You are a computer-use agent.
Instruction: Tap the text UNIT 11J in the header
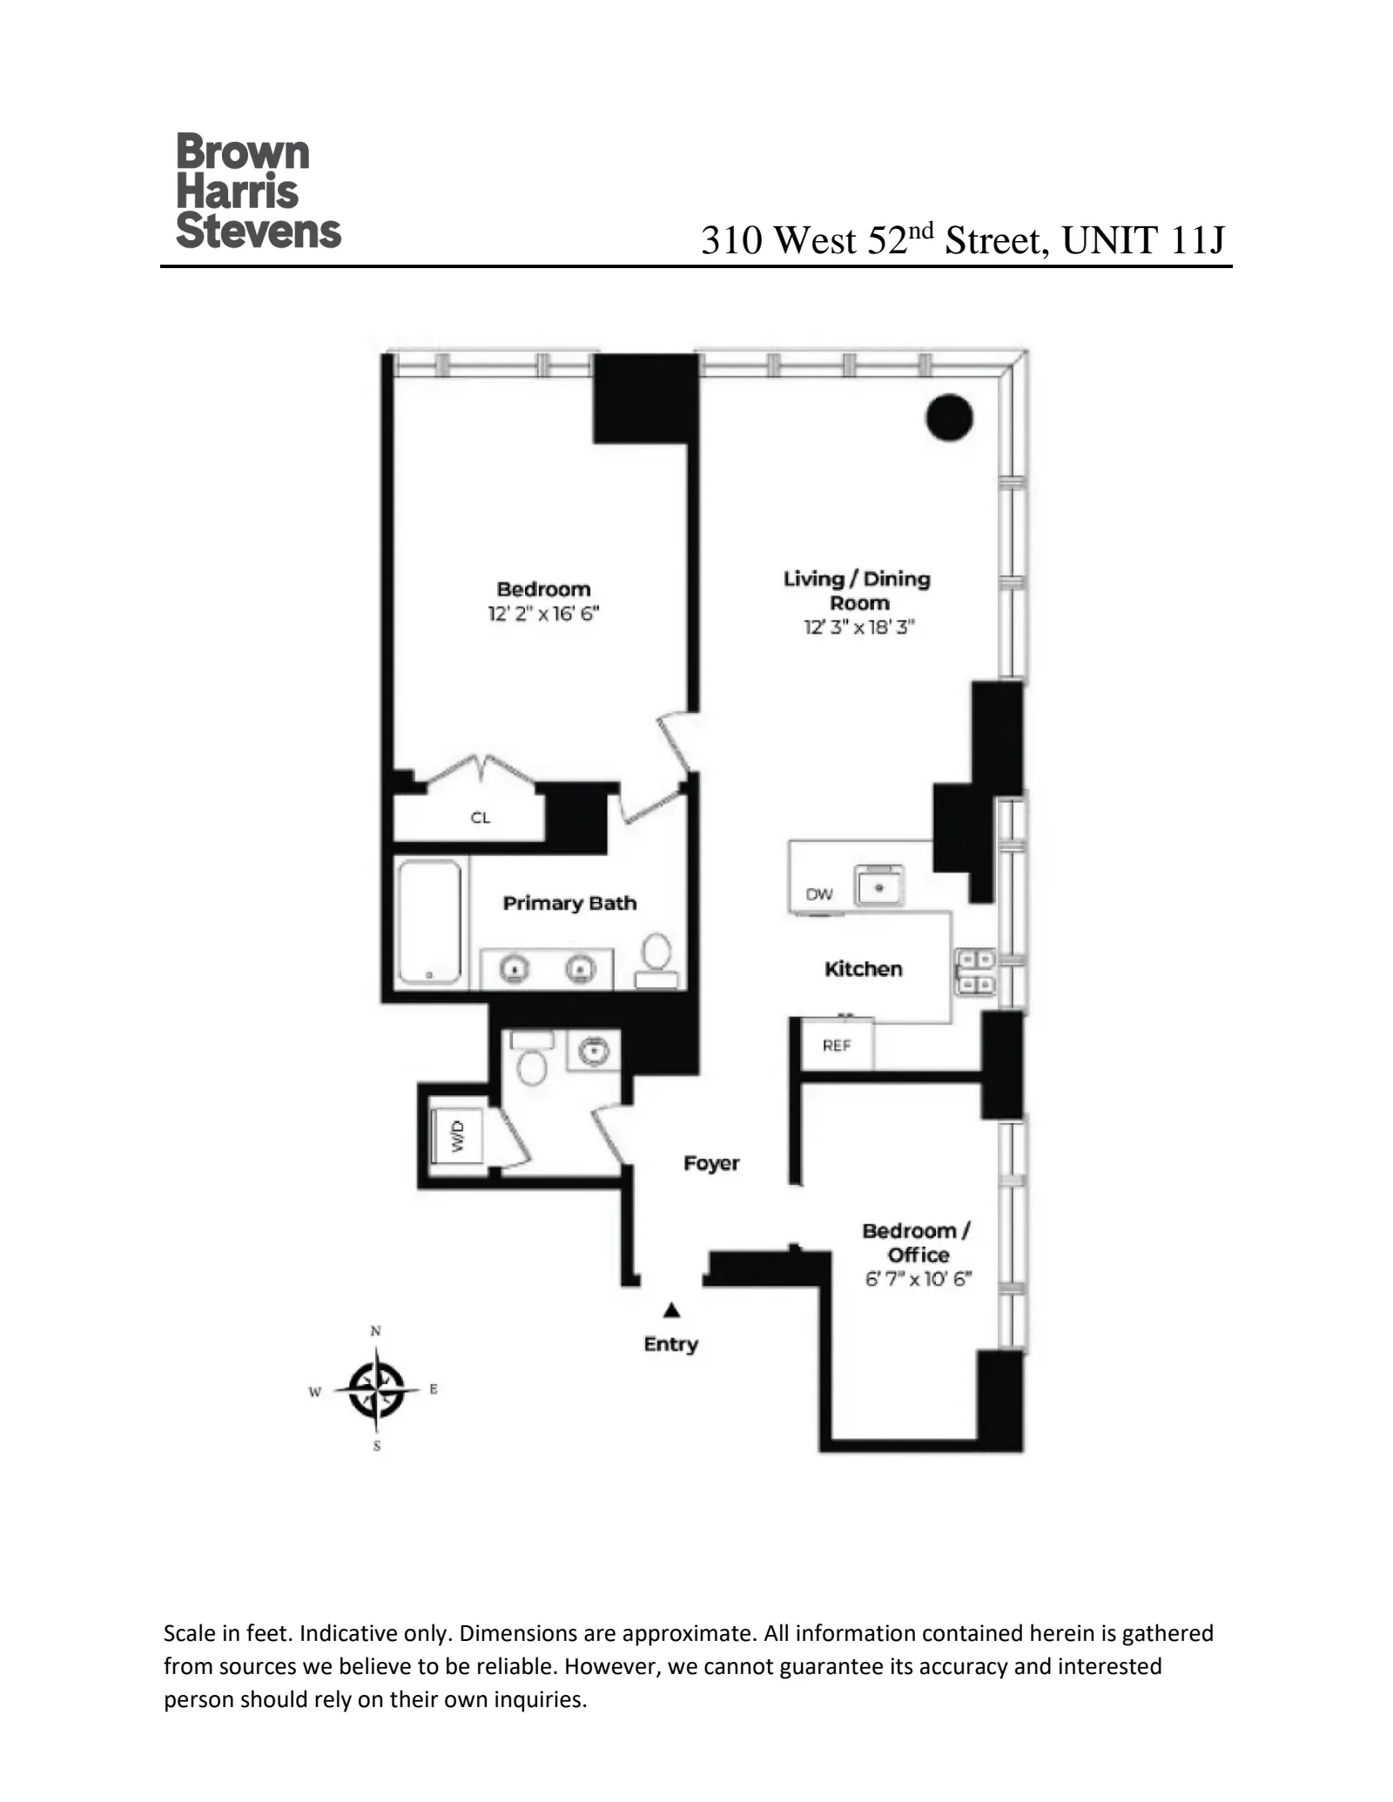point(1142,240)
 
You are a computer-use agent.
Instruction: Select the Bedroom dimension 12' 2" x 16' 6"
point(543,614)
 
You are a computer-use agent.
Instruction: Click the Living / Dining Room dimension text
point(858,627)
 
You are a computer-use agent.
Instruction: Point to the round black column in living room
point(948,418)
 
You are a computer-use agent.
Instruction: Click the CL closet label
point(481,817)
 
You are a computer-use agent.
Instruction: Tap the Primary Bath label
point(569,903)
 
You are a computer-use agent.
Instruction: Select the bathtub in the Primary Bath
point(429,922)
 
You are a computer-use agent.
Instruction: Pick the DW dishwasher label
point(818,894)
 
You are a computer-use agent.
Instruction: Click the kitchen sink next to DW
point(878,887)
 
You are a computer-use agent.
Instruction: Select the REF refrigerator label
point(837,1046)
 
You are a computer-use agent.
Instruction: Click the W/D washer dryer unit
point(458,1136)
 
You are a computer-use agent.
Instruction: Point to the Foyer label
point(711,1163)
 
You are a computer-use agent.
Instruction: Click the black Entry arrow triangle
point(671,1310)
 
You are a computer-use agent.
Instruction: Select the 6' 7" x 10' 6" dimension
point(918,1279)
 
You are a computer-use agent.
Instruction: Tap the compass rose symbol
point(376,1389)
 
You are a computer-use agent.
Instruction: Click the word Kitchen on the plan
point(863,969)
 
